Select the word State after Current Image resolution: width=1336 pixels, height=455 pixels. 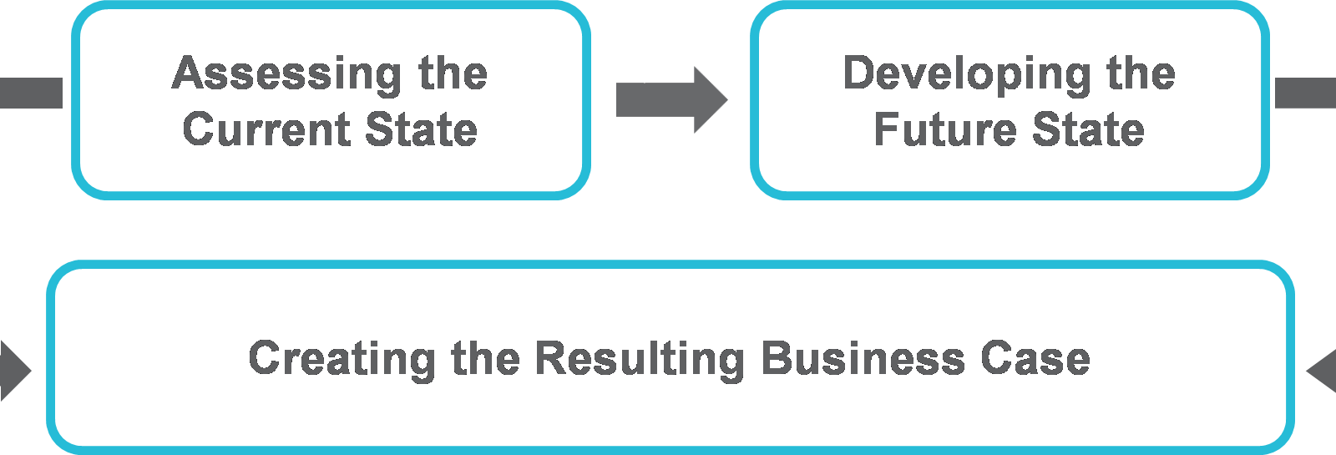coord(421,130)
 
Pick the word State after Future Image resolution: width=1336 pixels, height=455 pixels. coord(1088,130)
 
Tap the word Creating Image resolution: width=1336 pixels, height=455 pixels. coord(342,359)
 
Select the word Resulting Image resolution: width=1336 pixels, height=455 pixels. coord(640,359)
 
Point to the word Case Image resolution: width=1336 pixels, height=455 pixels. coord(1035,359)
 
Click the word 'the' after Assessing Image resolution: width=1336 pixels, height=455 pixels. coord(453,73)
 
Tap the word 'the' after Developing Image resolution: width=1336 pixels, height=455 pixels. coord(1141,73)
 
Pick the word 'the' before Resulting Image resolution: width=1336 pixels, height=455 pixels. coord(486,359)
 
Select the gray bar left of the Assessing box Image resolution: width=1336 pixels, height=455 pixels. coord(31,93)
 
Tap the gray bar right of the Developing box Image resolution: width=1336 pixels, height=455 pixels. coord(1305,93)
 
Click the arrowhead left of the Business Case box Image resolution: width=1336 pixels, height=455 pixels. coord(14,370)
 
